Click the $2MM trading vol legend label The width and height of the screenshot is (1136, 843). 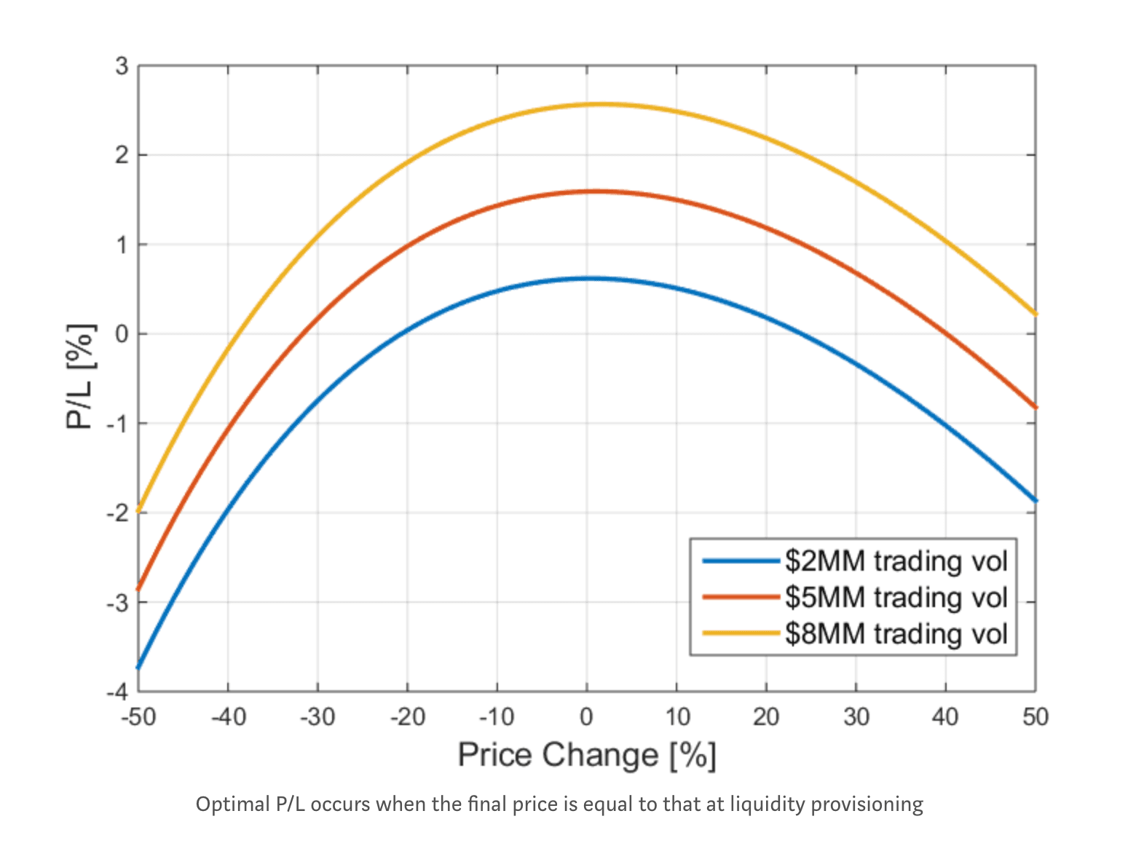point(896,561)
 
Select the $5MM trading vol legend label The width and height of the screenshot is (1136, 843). point(896,597)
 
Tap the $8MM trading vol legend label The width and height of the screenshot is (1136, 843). point(896,633)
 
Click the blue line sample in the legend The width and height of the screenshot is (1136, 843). point(741,561)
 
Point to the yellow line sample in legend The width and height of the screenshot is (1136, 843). point(741,633)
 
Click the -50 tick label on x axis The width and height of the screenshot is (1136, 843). point(138,718)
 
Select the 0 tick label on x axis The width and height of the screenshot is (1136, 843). point(587,718)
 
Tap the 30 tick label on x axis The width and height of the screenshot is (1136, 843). point(856,718)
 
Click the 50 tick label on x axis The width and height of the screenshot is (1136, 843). point(1035,718)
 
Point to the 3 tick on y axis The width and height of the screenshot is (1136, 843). point(122,66)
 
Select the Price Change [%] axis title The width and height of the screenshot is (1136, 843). point(587,755)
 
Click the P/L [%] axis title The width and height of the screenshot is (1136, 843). point(80,376)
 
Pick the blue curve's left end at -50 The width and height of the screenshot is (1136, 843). point(139,666)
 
